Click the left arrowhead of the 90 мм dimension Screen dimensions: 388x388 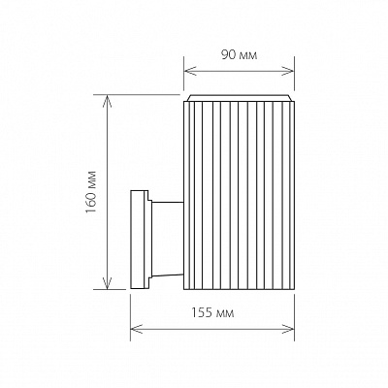188,70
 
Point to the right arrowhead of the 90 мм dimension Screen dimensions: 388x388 290,70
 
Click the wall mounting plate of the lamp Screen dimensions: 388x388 139,239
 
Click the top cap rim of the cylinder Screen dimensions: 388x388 239,98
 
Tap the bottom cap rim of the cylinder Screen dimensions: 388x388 239,286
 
